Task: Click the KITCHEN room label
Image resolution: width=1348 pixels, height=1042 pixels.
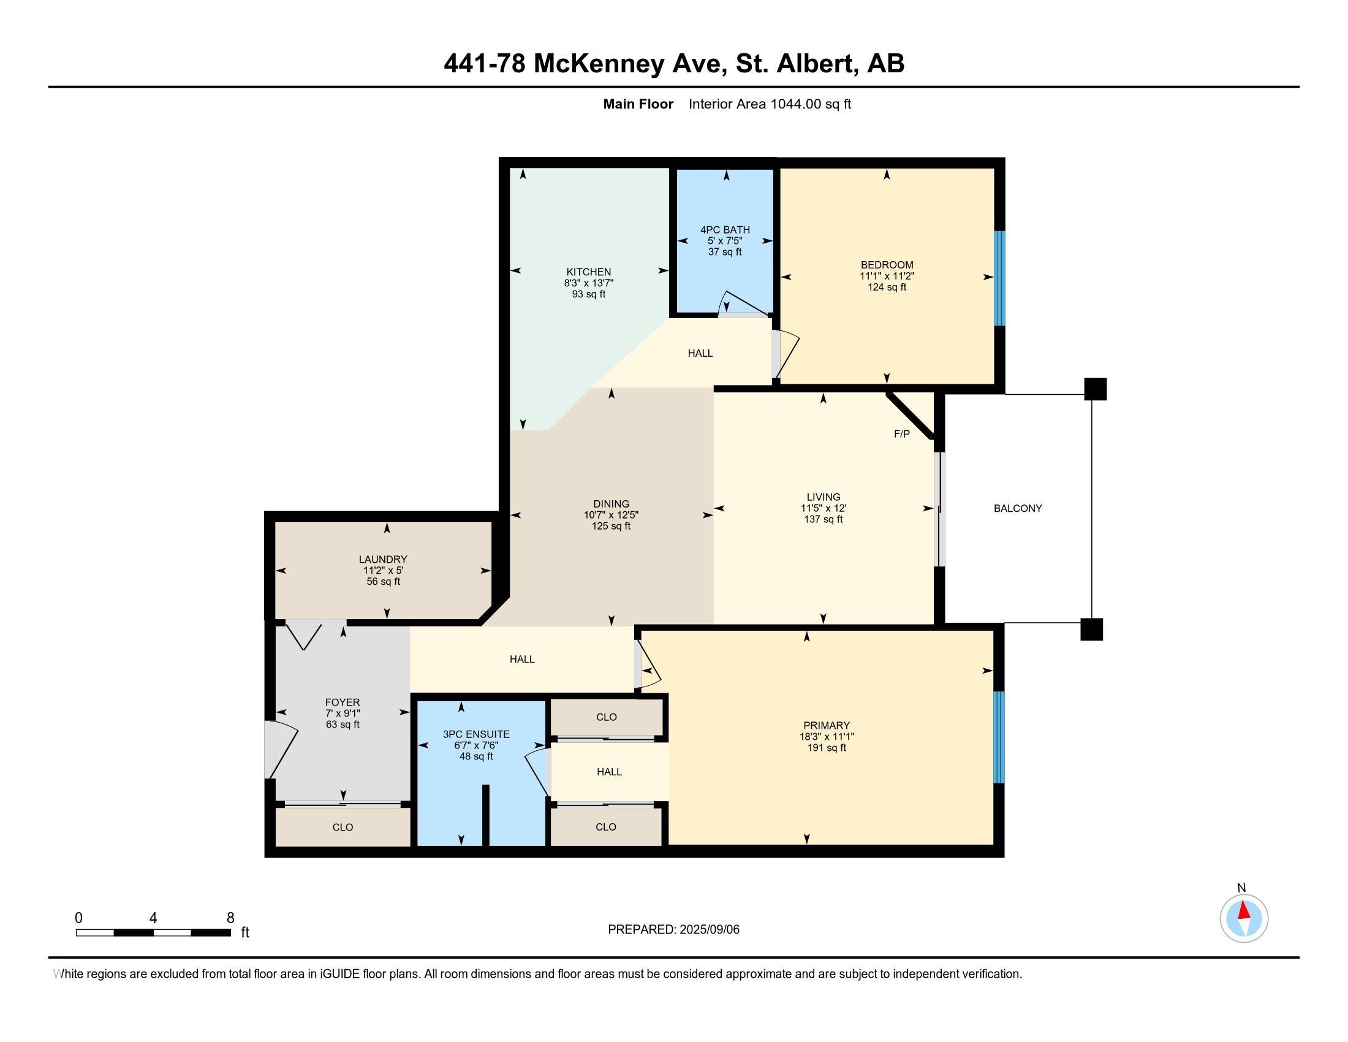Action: [x=589, y=272]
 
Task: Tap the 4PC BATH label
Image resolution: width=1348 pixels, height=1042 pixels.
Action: [x=725, y=230]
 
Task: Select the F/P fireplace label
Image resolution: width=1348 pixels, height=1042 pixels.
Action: [x=902, y=434]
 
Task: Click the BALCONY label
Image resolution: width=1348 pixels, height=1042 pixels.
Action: [x=1018, y=508]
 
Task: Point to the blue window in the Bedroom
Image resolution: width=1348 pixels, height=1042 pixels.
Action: [x=999, y=278]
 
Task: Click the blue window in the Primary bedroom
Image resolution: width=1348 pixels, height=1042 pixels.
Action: [x=999, y=736]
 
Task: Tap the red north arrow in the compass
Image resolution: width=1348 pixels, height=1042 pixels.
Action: [x=1244, y=911]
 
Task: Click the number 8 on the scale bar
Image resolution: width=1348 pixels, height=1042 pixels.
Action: [x=230, y=918]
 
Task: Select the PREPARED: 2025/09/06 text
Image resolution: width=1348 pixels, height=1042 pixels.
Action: [x=673, y=929]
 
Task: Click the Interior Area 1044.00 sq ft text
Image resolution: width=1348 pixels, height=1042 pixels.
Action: [x=770, y=104]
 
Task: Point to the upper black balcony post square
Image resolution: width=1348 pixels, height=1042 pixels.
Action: [x=1096, y=389]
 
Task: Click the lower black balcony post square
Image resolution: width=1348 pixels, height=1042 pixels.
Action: [x=1091, y=629]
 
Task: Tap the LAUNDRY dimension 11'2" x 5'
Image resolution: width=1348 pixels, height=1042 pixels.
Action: [x=383, y=571]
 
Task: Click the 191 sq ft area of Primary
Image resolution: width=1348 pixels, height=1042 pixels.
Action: [x=827, y=748]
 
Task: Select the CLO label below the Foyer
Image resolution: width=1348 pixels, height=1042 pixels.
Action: [x=343, y=827]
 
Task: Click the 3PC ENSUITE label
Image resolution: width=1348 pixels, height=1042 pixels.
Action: [x=476, y=734]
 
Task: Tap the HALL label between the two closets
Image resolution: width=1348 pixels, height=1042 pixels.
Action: [x=609, y=772]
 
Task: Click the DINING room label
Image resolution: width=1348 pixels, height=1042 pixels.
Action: [x=611, y=504]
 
